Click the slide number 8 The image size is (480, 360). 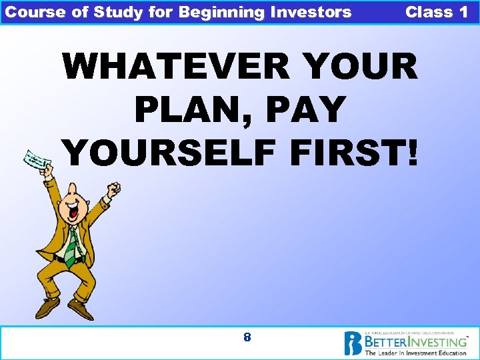247,338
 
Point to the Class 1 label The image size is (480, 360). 437,11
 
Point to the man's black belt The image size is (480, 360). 67,256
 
